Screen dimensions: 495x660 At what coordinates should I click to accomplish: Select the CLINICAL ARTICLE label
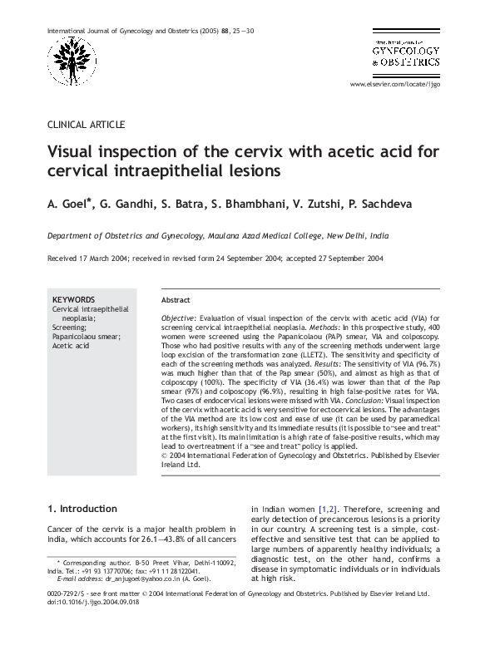(86, 125)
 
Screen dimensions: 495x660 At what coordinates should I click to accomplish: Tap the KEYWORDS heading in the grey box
(73, 299)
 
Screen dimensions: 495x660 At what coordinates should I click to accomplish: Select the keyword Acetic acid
(71, 345)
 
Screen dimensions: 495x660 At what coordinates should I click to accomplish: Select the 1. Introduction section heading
(82, 509)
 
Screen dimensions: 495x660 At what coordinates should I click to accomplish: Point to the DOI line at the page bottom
(92, 603)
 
